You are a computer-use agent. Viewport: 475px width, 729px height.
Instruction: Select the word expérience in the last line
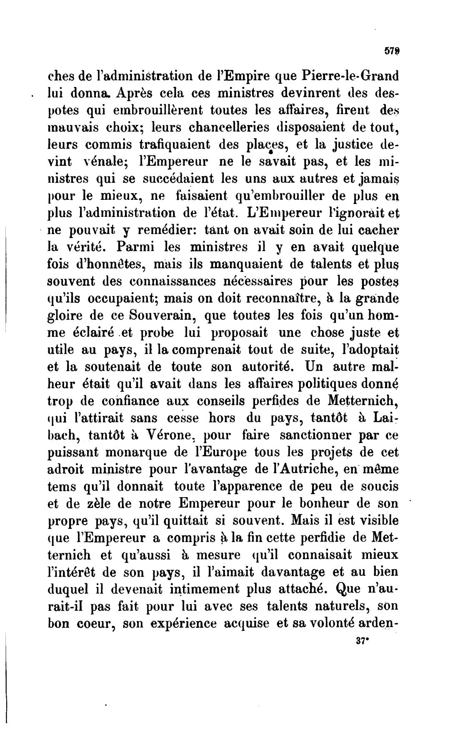click(x=181, y=624)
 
